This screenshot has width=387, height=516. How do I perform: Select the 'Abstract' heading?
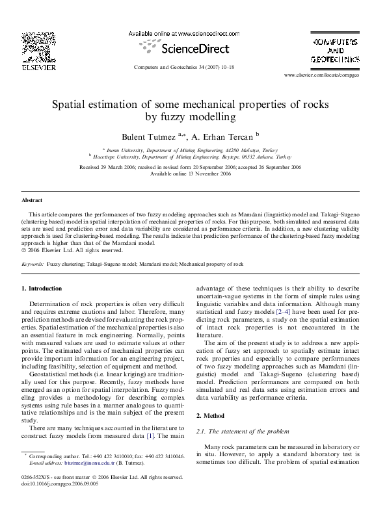pos(32,201)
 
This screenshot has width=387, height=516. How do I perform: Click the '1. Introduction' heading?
pos(42,288)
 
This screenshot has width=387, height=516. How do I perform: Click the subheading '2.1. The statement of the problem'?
pos(237,431)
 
